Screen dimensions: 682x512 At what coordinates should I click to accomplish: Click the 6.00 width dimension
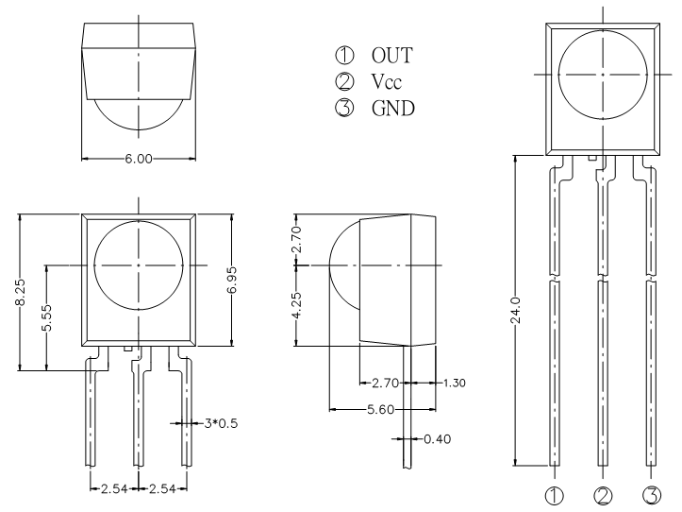[x=139, y=159]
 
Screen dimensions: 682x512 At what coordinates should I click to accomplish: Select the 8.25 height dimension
[x=20, y=293]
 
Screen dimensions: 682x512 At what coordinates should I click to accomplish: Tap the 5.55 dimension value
[x=46, y=317]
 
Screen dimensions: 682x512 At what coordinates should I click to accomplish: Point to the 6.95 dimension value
[x=232, y=281]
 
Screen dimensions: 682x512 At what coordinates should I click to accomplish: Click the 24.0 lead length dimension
[x=515, y=310]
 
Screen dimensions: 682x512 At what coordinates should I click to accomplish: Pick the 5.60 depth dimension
[x=380, y=410]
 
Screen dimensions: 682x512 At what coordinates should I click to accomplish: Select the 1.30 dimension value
[x=454, y=383]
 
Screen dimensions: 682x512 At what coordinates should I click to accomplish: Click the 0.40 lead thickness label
[x=437, y=439]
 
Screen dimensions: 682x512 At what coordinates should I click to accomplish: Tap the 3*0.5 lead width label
[x=221, y=423]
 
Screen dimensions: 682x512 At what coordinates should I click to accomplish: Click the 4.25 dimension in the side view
[x=296, y=305]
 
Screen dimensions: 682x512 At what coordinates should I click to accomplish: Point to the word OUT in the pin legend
[x=391, y=56]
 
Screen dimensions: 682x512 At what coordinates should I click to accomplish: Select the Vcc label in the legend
[x=386, y=81]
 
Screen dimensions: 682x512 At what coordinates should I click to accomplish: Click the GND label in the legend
[x=393, y=108]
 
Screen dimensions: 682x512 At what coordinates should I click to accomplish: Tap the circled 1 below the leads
[x=554, y=495]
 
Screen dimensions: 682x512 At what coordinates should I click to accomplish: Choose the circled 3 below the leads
[x=652, y=495]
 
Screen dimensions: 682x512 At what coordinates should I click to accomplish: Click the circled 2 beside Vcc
[x=344, y=81]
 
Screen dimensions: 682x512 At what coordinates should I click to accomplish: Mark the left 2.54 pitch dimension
[x=114, y=489]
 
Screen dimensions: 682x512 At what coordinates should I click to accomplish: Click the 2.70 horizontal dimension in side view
[x=385, y=383]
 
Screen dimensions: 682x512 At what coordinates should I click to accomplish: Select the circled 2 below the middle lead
[x=603, y=495]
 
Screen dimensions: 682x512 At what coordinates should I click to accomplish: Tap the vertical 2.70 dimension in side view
[x=296, y=239]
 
